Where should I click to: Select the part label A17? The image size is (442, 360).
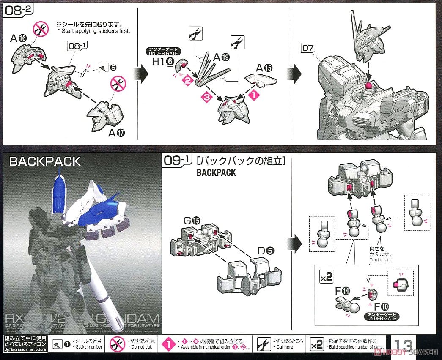119,134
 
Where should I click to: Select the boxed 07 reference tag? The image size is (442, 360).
307,49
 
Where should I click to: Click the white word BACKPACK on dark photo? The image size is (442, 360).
45,161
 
